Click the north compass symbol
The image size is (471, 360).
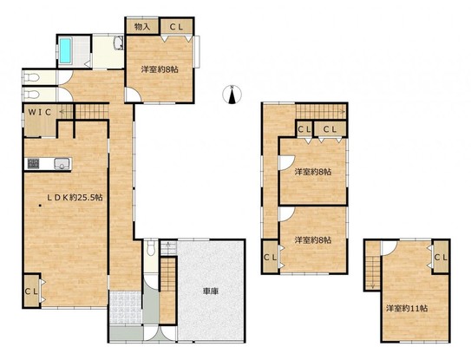pyautogui.click(x=232, y=95)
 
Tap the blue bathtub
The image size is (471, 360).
pyautogui.click(x=65, y=50)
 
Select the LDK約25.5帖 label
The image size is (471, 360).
pyautogui.click(x=75, y=198)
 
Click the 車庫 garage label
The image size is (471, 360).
pyautogui.click(x=211, y=291)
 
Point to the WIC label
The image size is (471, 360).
pyautogui.click(x=40, y=113)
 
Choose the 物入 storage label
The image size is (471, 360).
pyautogui.click(x=142, y=27)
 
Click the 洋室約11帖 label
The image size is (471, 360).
pyautogui.click(x=407, y=308)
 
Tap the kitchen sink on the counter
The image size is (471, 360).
pyautogui.click(x=62, y=164)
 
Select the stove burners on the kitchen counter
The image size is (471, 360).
pyautogui.click(x=33, y=164)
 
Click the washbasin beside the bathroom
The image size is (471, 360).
pyautogui.click(x=119, y=43)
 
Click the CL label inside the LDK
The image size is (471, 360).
pyautogui.click(x=31, y=291)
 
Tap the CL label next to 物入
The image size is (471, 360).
pyautogui.click(x=176, y=27)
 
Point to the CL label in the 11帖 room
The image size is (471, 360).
pyautogui.click(x=441, y=258)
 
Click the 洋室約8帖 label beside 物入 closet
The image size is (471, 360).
pyautogui.click(x=160, y=69)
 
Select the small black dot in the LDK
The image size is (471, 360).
pyautogui.click(x=40, y=206)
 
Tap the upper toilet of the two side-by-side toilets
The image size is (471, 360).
pyautogui.click(x=31, y=77)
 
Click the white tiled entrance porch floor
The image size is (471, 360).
pyautogui.click(x=125, y=307)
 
